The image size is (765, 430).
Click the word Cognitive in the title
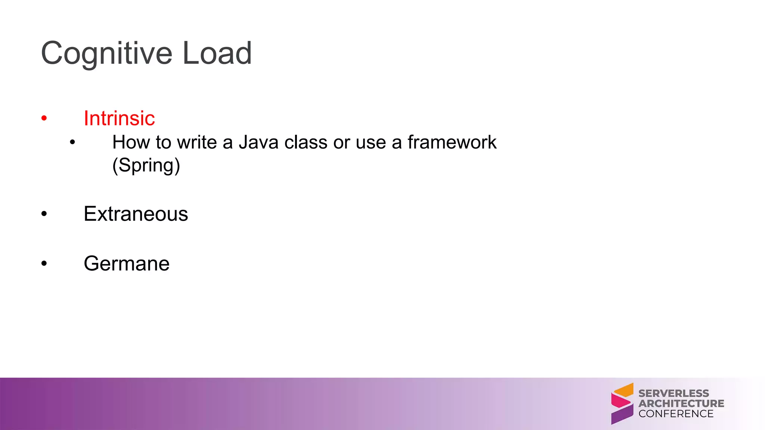tap(106, 54)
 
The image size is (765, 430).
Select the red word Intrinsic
tap(119, 118)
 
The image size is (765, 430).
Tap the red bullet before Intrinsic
tap(44, 119)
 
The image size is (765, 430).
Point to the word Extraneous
tap(136, 214)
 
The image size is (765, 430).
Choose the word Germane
tap(127, 264)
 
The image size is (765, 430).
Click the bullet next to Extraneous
tap(44, 214)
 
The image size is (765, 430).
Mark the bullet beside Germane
tap(44, 264)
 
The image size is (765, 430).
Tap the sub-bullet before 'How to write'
tap(72, 142)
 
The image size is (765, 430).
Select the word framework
tap(452, 142)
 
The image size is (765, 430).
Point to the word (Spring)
tap(146, 165)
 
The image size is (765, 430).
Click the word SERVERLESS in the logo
tap(673, 393)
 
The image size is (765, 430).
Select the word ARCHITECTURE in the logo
tap(681, 403)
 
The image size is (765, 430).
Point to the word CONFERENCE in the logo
tap(676, 414)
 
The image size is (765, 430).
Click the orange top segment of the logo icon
tap(625, 390)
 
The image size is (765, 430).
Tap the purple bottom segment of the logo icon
tap(622, 415)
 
